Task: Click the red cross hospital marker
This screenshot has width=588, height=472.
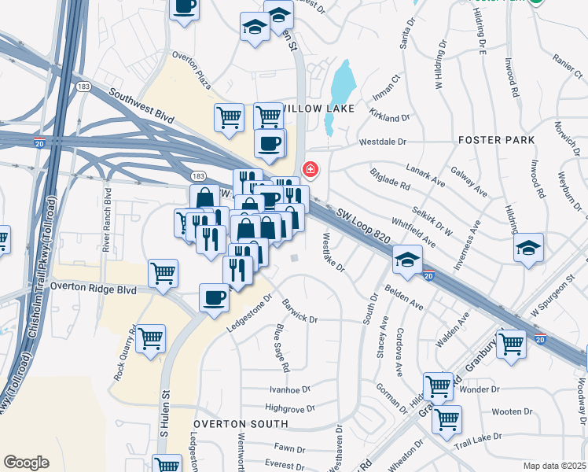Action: (x=311, y=169)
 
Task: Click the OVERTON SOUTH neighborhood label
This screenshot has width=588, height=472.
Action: (x=240, y=423)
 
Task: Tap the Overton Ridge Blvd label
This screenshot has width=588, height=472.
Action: (x=93, y=289)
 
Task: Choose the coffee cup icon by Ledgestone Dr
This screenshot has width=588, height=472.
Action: (x=214, y=297)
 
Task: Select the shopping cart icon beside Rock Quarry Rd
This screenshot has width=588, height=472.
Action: (x=150, y=339)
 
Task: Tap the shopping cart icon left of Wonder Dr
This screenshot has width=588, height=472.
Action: (x=438, y=386)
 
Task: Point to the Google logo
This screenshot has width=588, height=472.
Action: (x=26, y=462)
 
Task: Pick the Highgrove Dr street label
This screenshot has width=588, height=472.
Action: (x=289, y=408)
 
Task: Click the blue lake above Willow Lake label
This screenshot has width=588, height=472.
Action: (x=340, y=86)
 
